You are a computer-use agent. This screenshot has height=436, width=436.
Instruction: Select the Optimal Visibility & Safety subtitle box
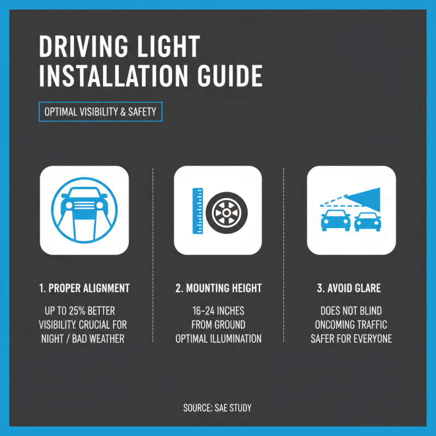click(100, 112)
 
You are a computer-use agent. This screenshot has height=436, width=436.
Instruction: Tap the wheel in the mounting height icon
click(225, 210)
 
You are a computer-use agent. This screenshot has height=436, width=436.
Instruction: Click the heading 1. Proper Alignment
click(84, 288)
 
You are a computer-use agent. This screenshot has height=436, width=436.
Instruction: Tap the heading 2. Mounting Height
click(218, 288)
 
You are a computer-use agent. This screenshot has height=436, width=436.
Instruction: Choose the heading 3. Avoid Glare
click(352, 288)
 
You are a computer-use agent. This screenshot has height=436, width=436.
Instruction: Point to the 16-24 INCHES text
click(218, 311)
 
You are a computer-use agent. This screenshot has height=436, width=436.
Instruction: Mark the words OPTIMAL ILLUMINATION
click(218, 338)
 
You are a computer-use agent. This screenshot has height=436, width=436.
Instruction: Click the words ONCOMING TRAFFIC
click(352, 325)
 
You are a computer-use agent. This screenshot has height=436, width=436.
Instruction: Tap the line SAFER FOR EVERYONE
click(352, 338)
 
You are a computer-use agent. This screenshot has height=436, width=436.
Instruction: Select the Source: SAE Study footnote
click(218, 408)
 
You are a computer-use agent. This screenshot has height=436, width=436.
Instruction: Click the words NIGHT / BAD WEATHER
click(83, 338)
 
